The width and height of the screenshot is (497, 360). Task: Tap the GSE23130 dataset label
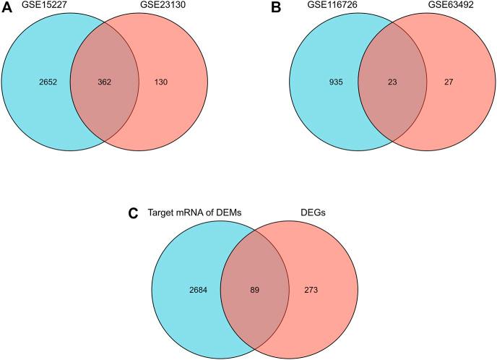[x=174, y=7]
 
